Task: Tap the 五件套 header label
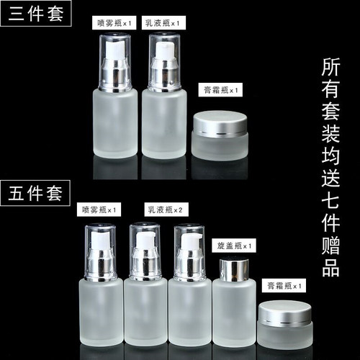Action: point(37,193)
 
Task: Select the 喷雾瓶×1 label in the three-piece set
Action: point(117,24)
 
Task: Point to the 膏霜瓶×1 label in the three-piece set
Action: point(222,91)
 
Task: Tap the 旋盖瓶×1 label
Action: point(236,246)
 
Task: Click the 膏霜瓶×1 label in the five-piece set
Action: point(284,286)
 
